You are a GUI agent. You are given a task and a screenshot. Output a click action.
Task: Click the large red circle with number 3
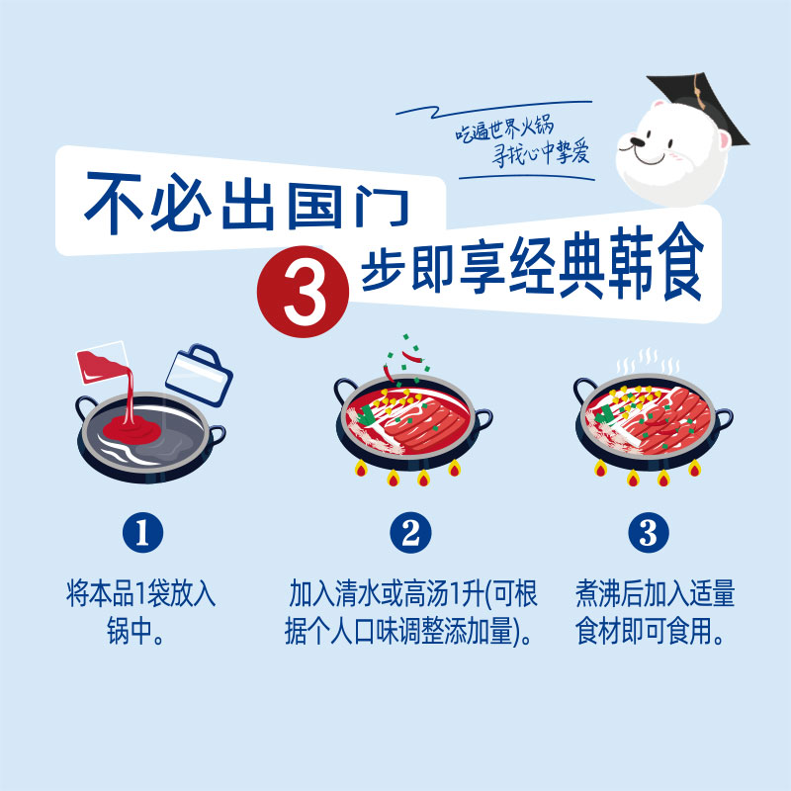[x=303, y=292]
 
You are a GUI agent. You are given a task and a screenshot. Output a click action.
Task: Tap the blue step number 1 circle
[x=142, y=533]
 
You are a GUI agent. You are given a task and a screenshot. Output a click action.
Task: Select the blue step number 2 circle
[x=410, y=533]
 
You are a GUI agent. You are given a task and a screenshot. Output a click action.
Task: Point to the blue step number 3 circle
[x=649, y=533]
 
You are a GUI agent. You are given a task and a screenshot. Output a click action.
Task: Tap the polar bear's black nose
[x=637, y=141]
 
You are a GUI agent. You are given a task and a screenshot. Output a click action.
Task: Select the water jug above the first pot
[x=200, y=375]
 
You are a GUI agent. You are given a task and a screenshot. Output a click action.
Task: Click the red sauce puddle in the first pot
[x=132, y=430]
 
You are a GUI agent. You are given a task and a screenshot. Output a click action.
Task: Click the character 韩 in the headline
[x=631, y=262]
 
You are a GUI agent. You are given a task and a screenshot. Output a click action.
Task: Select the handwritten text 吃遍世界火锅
[x=504, y=130]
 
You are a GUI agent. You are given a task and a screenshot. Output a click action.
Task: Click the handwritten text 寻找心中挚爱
[x=541, y=152]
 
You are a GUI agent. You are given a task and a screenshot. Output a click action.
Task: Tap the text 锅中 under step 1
[x=130, y=631]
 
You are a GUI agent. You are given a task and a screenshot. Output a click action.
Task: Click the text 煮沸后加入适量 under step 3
[x=655, y=593]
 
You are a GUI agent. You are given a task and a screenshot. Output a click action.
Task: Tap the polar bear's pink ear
[x=724, y=140]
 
